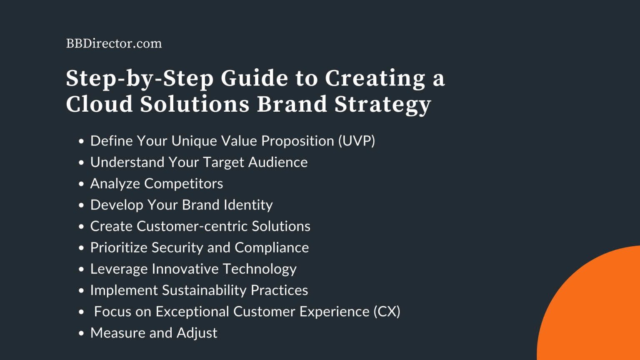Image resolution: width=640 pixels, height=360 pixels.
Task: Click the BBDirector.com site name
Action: [x=114, y=43]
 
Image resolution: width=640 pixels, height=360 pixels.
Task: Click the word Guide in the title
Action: [x=254, y=78]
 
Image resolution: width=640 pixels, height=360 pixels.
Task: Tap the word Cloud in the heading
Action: [x=99, y=104]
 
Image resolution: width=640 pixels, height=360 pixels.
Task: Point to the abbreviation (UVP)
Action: [x=356, y=141]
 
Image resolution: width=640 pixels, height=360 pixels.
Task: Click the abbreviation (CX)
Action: [x=387, y=312]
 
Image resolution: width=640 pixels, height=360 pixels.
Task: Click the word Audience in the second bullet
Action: [x=278, y=162]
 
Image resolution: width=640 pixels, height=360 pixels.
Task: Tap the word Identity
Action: [x=248, y=205]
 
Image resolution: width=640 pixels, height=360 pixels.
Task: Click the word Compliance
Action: [x=272, y=248]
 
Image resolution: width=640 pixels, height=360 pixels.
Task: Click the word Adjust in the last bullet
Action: [x=197, y=333]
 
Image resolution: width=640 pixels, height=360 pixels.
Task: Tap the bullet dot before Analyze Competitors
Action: [x=81, y=184]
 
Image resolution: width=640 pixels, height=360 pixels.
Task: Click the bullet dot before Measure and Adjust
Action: [x=81, y=333]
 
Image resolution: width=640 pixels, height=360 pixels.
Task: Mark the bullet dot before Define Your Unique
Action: [x=81, y=141]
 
